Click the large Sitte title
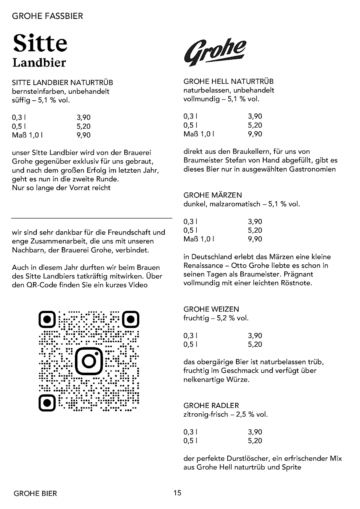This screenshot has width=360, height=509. tap(40, 43)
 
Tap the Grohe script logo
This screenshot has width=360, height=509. tap(215, 53)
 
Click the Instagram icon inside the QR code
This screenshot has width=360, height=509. tap(89, 360)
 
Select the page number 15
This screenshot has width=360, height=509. tap(177, 493)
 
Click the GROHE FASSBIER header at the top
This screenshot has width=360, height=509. tap(47, 16)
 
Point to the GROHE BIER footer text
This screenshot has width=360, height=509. tap(35, 493)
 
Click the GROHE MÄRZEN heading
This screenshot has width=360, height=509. tap(213, 195)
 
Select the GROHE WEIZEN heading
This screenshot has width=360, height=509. tap(211, 309)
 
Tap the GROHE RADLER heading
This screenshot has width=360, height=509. tap(211, 405)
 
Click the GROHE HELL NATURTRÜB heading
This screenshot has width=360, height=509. tap(228, 81)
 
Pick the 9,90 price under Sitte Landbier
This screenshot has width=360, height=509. tap(84, 135)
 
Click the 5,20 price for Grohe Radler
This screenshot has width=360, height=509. tap(255, 441)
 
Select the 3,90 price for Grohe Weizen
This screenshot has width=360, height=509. tap(255, 336)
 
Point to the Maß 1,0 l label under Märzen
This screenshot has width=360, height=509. tap(199, 239)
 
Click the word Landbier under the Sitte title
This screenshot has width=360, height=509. tap(39, 63)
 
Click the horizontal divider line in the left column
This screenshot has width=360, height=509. tap(92, 218)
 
